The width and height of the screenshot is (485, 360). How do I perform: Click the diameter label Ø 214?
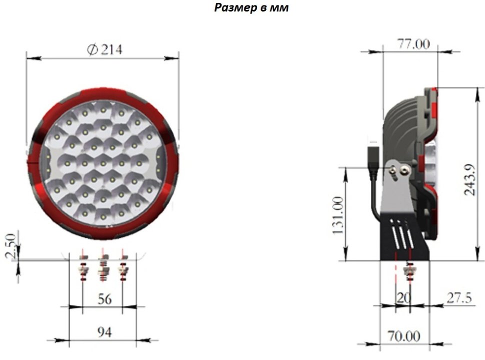click(104, 49)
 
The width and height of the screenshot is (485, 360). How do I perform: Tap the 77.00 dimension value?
click(413, 44)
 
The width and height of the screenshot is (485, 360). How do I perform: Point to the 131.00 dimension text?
click(338, 215)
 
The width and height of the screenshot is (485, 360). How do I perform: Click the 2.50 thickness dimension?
click(10, 246)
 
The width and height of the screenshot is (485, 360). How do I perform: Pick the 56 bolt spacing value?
click(104, 299)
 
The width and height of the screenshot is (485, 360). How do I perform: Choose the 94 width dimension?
click(104, 332)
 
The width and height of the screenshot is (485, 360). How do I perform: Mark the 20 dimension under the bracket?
click(403, 298)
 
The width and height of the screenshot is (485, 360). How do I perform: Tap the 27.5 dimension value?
click(459, 298)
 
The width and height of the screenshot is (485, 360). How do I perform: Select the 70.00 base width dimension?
click(404, 336)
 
